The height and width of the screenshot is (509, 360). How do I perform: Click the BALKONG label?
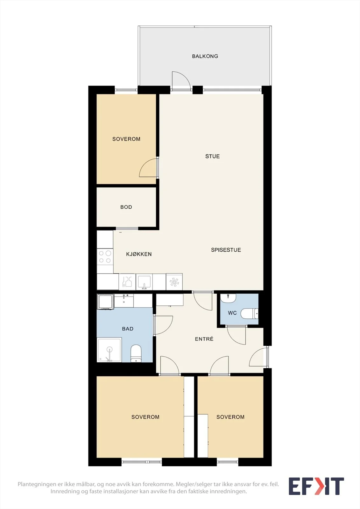205,56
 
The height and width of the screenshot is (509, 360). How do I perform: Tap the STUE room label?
212,156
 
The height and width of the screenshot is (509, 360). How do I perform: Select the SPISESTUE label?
226,250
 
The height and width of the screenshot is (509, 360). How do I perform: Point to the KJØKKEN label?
139,254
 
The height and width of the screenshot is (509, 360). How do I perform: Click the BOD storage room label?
126,207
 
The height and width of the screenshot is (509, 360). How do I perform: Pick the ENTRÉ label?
204,339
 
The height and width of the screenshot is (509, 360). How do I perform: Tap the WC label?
232,313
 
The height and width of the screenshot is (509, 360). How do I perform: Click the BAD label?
128,329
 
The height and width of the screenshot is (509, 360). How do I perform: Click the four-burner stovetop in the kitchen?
105,257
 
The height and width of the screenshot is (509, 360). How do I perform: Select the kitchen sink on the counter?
144,282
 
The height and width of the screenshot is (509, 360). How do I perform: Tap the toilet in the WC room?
249,314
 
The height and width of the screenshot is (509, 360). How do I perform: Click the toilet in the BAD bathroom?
136,353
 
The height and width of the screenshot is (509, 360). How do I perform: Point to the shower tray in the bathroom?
109,350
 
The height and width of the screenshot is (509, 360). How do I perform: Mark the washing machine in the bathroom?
105,302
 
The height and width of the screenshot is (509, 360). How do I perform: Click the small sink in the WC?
228,298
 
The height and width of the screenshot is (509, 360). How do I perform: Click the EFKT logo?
316,486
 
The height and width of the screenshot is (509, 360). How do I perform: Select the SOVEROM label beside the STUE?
126,139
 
